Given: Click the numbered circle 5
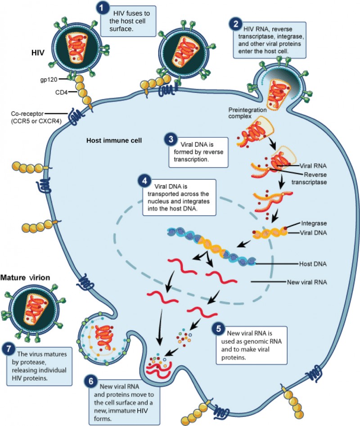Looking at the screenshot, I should coord(219,329).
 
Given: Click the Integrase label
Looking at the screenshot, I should coord(314,223).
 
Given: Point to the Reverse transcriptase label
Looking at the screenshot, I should coord(310,179).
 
